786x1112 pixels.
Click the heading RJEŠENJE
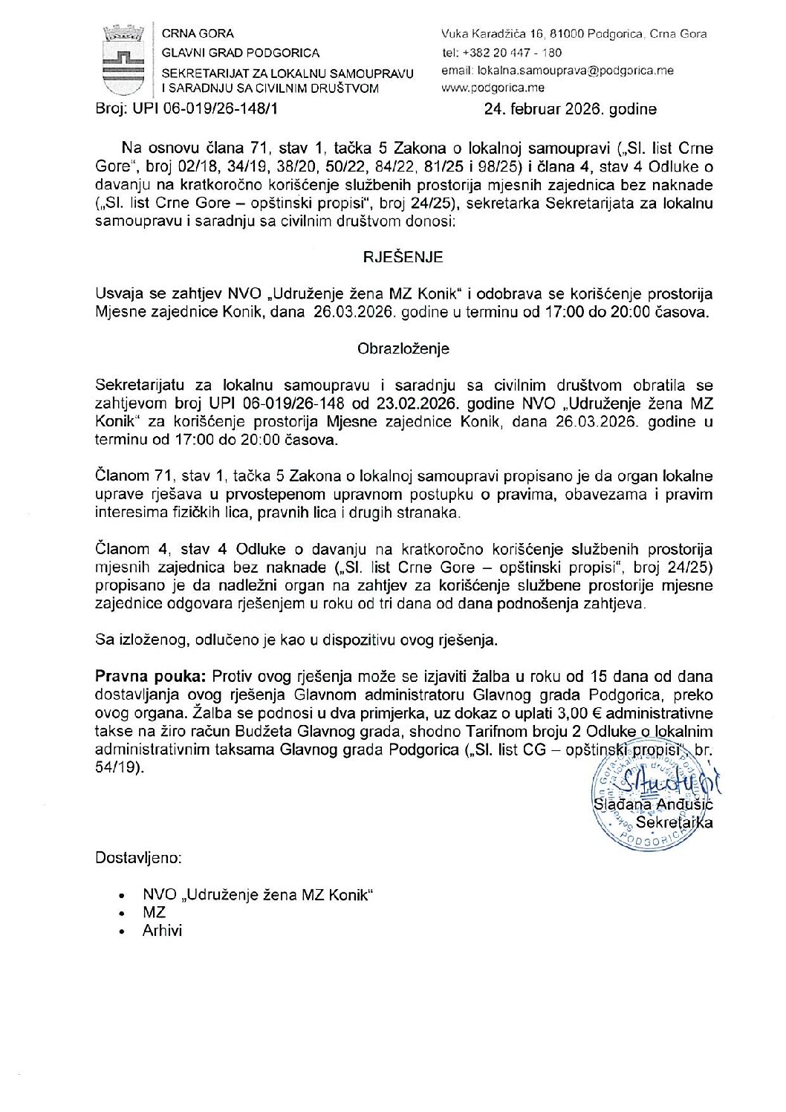tap(403, 258)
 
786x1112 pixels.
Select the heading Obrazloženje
tap(403, 349)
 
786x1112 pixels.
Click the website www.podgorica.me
tap(493, 88)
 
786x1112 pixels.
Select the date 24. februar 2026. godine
tap(571, 109)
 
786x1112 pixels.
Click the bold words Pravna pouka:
tap(151, 677)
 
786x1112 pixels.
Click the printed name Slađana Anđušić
tap(653, 804)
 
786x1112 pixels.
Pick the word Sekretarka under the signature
tap(674, 822)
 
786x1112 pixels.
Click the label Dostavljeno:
tap(138, 858)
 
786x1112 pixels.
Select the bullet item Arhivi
tap(162, 931)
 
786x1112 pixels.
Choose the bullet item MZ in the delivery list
tap(154, 912)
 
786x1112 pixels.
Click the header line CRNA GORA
tap(198, 33)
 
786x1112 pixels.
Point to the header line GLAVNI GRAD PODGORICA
tap(241, 53)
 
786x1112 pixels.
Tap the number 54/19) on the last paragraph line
tap(119, 767)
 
